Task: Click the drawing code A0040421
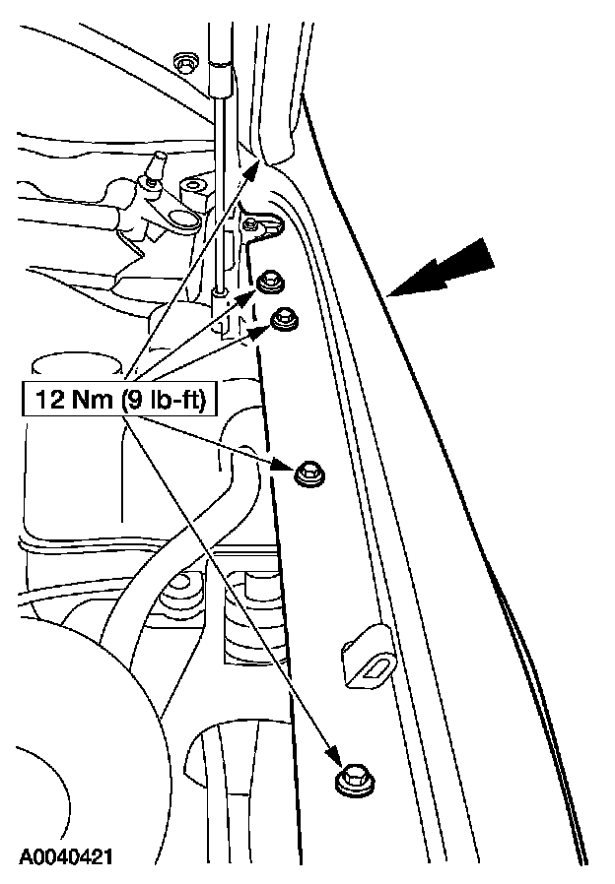(x=64, y=857)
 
